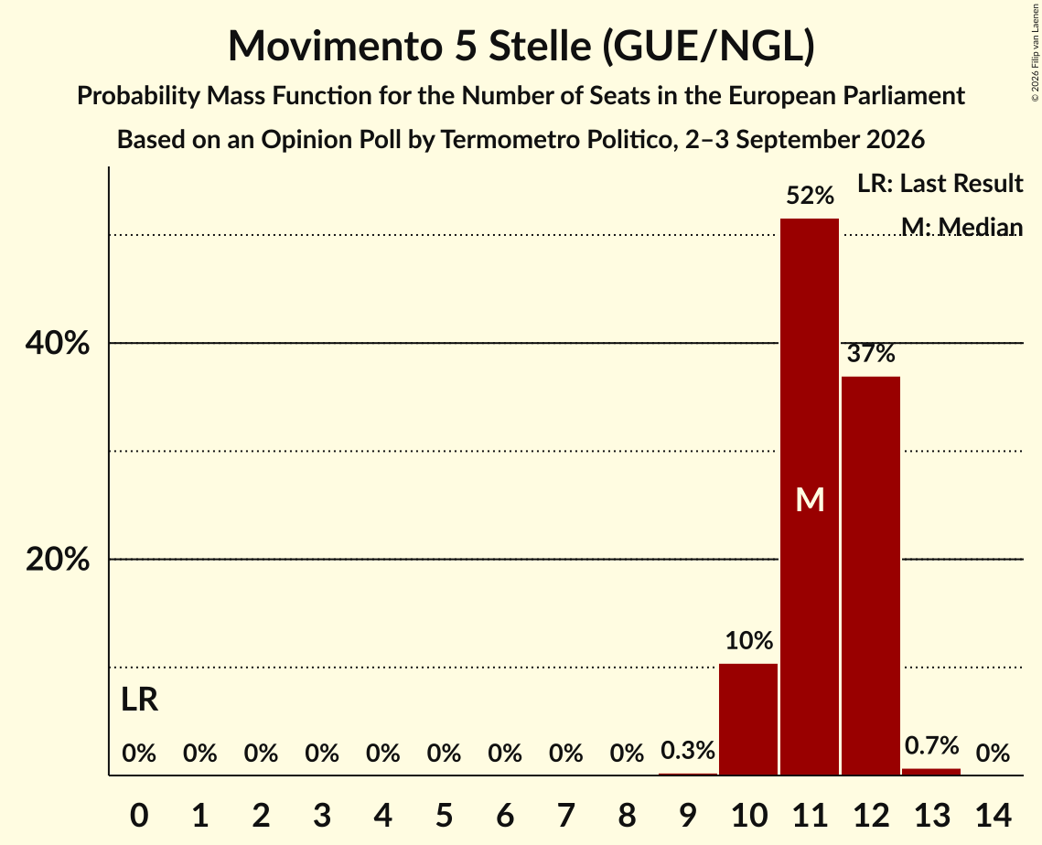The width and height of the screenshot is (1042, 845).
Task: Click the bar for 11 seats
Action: pyautogui.click(x=810, y=497)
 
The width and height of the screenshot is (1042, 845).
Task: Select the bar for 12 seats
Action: pyautogui.click(x=871, y=576)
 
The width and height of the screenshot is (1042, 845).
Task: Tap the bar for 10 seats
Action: pyautogui.click(x=748, y=720)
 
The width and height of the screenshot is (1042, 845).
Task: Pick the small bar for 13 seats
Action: pyautogui.click(x=931, y=772)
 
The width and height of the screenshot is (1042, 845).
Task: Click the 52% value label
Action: pyautogui.click(x=810, y=196)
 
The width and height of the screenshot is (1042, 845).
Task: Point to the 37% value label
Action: pyautogui.click(x=871, y=353)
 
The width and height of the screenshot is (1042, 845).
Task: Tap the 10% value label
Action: pyautogui.click(x=749, y=641)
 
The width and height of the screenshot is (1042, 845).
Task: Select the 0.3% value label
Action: pyautogui.click(x=688, y=751)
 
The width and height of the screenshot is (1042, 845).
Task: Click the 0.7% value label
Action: pyautogui.click(x=931, y=746)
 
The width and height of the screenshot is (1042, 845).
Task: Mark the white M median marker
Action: pyautogui.click(x=810, y=499)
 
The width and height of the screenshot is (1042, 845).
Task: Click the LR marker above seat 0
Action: pyautogui.click(x=140, y=700)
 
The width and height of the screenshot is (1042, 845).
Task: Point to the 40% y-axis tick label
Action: pyautogui.click(x=57, y=344)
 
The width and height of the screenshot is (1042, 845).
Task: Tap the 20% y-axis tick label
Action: pyautogui.click(x=57, y=560)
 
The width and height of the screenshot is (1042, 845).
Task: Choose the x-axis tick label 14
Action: pyautogui.click(x=993, y=815)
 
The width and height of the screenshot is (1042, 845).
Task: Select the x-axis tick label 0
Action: pyautogui.click(x=139, y=815)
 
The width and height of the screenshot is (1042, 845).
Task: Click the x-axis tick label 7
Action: pyautogui.click(x=565, y=815)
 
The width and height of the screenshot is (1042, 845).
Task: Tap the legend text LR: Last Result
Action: pyautogui.click(x=940, y=183)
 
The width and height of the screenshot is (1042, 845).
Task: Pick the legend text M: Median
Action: pyautogui.click(x=961, y=227)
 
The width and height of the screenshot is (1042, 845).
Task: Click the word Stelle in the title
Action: pyautogui.click(x=540, y=46)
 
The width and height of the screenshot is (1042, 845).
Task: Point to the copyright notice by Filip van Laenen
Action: pyautogui.click(x=1035, y=52)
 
